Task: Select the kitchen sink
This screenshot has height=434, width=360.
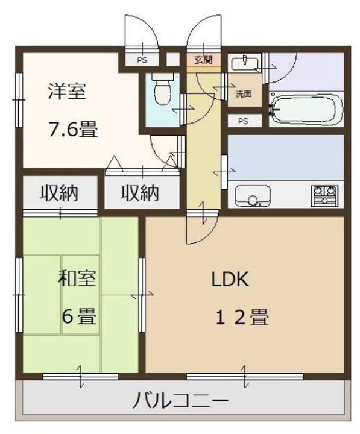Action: click(x=253, y=196)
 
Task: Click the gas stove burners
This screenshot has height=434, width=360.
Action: click(x=324, y=196)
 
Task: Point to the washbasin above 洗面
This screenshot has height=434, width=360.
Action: click(x=245, y=63)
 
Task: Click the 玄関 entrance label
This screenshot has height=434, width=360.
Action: click(x=204, y=60)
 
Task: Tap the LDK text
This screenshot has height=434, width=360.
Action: click(x=230, y=279)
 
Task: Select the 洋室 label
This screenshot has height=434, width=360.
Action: click(x=67, y=91)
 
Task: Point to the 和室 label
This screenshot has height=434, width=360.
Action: click(x=77, y=278)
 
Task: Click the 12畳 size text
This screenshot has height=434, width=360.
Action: click(x=242, y=317)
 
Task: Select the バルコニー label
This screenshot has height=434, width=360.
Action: click(x=180, y=400)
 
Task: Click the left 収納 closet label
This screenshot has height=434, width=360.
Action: click(x=60, y=193)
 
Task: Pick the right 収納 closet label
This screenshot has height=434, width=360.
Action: click(x=141, y=193)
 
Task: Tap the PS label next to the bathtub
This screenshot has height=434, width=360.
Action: click(x=243, y=121)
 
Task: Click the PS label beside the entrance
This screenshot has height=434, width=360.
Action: click(x=142, y=60)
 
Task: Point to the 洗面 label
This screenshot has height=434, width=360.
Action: click(x=244, y=94)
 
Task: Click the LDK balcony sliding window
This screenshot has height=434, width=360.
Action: click(x=245, y=376)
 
